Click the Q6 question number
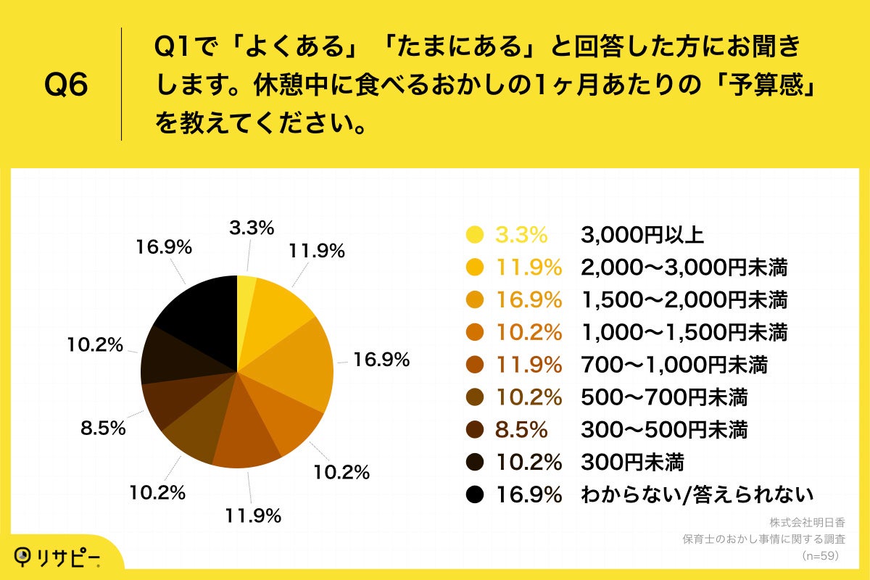tap(66, 86)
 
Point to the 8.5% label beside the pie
tap(102, 428)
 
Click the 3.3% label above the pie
tap(252, 228)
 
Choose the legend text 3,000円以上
tap(642, 234)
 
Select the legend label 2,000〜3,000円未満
tap(684, 267)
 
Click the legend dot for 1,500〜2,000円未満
tap(475, 299)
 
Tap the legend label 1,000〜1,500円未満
tap(684, 332)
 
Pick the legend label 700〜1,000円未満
tap(674, 365)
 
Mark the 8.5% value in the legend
tap(521, 430)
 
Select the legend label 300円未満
tap(632, 462)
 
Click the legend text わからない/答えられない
tap(697, 494)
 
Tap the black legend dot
tap(475, 494)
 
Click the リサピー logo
tap(57, 556)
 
